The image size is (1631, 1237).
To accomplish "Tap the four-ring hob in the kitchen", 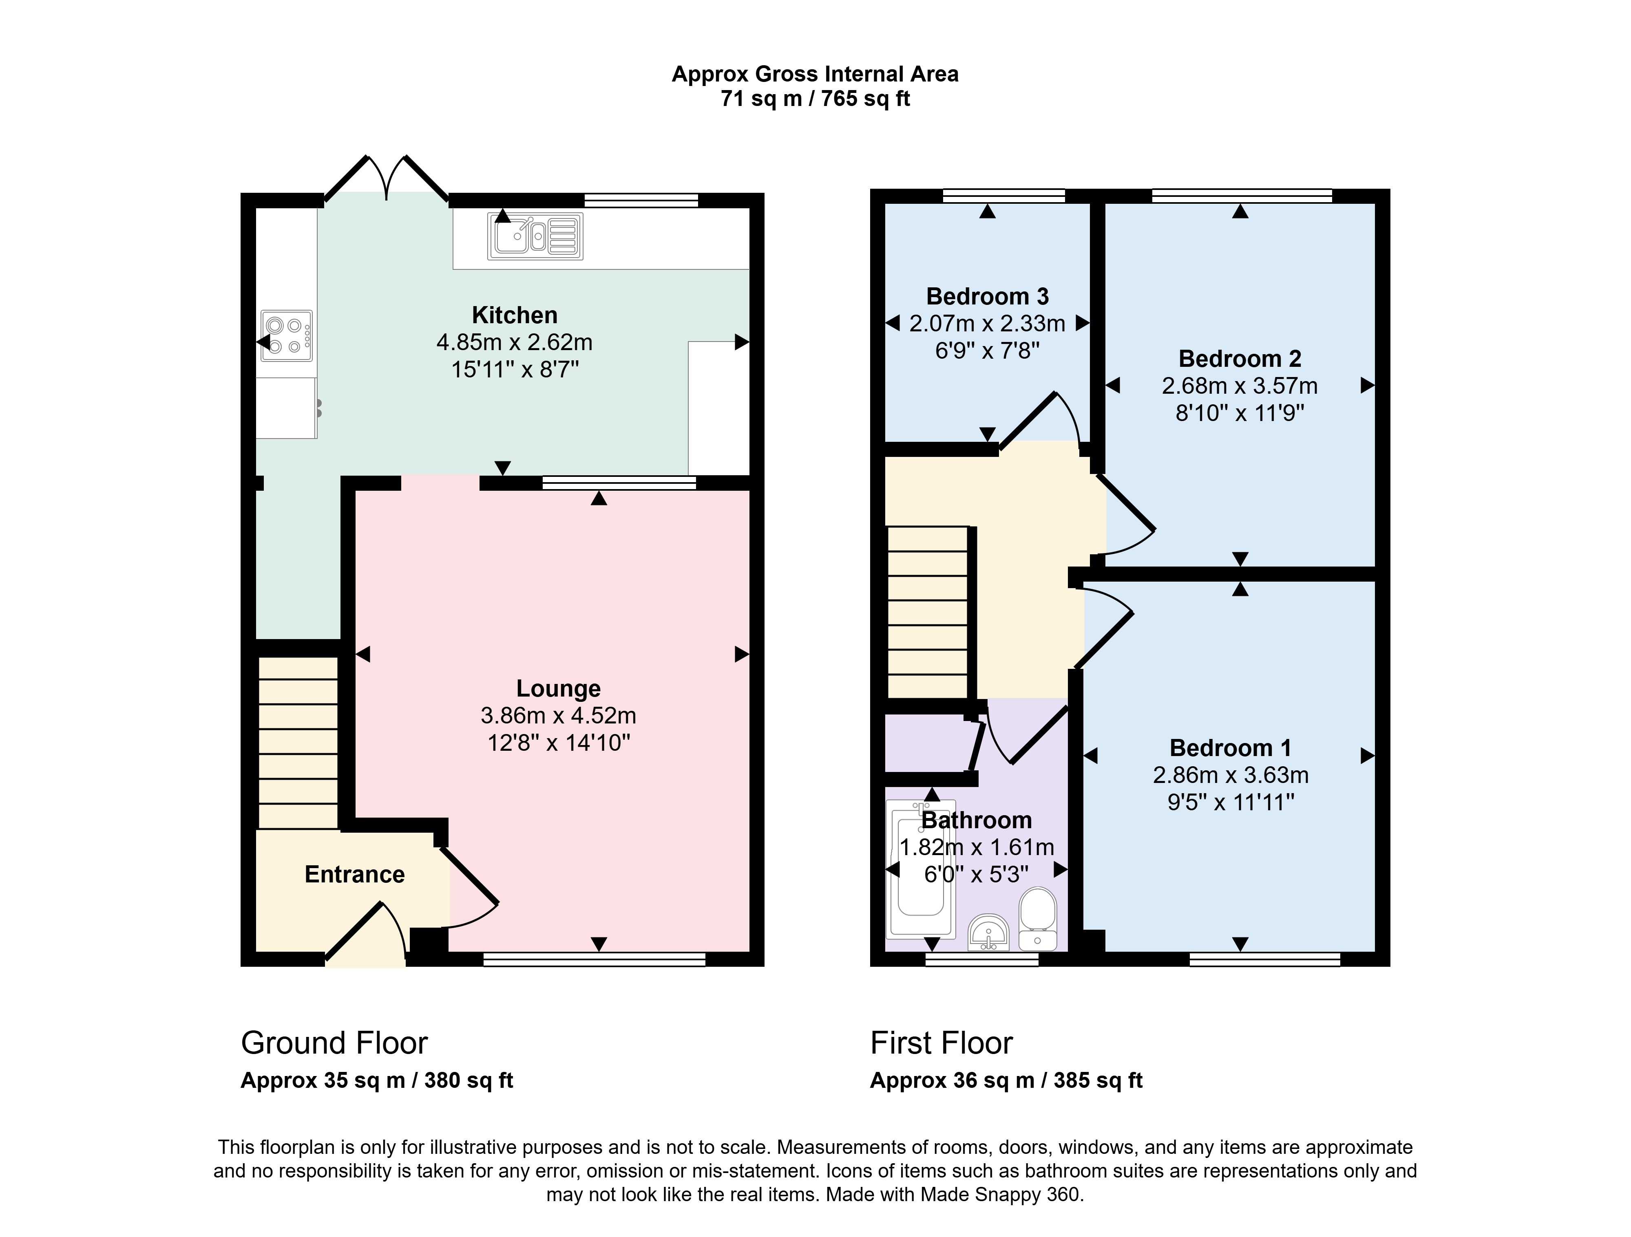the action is (x=287, y=335).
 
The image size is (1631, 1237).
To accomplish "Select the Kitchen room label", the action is (x=515, y=315).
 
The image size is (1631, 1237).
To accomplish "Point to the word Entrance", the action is (x=355, y=874).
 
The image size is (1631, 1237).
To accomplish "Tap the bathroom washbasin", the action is (x=988, y=933).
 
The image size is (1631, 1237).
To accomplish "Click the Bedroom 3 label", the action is (x=987, y=296).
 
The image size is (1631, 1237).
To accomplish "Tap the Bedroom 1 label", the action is (x=1231, y=748).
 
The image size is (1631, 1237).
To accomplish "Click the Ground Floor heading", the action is (x=334, y=1043).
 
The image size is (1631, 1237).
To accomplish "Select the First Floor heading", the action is (x=941, y=1043).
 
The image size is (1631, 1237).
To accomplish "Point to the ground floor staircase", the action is (x=298, y=742).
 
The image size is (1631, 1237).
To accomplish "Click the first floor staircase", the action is (x=928, y=612).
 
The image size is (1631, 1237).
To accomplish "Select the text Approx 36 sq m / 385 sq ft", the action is (x=1006, y=1081).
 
